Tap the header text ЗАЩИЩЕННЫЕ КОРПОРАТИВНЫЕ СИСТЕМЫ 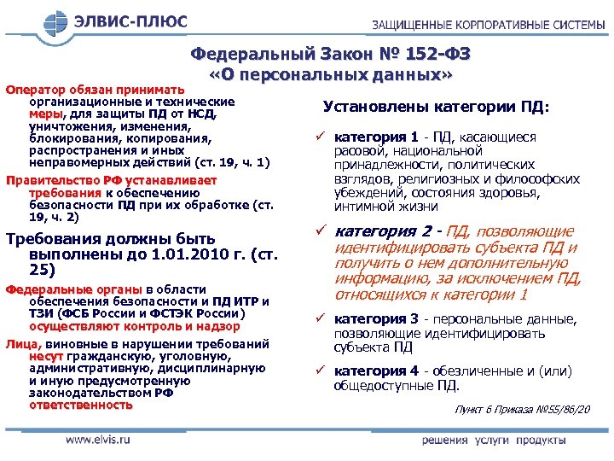tap(488, 25)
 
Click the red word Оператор tap(36, 88)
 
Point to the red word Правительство tap(53, 180)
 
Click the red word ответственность tap(81, 405)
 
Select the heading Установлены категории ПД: tap(436, 108)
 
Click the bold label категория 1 tap(376, 137)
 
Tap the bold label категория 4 tap(376, 371)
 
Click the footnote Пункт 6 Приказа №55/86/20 tap(521, 411)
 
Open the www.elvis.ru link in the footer tap(99, 441)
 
